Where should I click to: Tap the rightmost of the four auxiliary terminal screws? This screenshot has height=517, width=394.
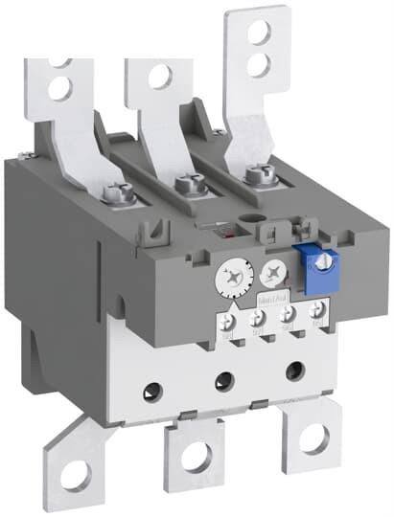[317, 311]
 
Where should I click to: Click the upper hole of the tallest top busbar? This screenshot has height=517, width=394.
[257, 33]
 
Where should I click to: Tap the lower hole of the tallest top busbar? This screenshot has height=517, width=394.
[257, 64]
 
